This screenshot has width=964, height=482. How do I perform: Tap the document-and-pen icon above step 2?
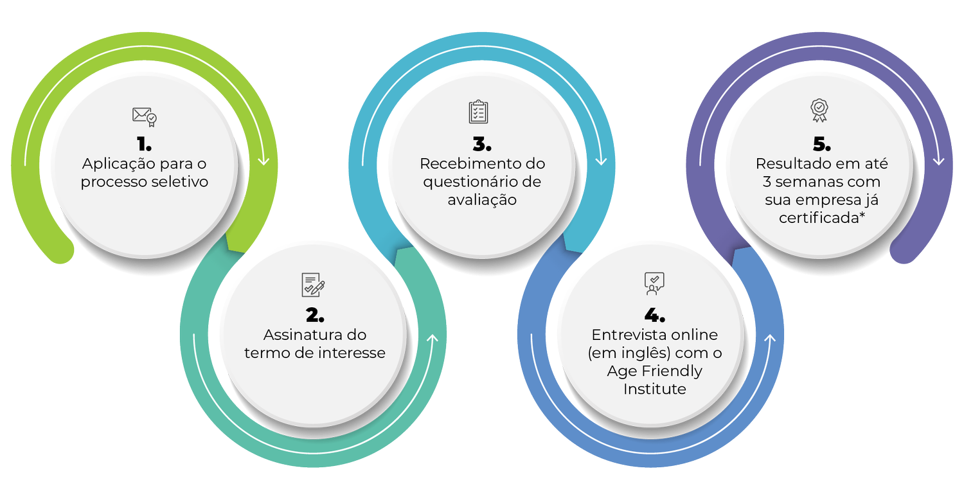coord(313,285)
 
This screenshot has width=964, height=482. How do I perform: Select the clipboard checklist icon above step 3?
coord(478,111)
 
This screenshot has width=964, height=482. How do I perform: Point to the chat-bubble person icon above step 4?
coord(654,283)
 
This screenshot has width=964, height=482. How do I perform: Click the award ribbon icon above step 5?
coord(819,111)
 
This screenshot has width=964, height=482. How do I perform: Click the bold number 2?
coord(314,315)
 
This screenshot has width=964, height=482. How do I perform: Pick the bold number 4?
coord(655,315)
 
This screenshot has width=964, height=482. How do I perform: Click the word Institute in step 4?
coord(655,389)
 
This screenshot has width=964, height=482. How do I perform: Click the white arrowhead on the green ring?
coord(263,160)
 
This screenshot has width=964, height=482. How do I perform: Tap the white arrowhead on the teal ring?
coord(432,339)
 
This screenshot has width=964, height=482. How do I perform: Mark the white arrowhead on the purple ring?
coord(938,159)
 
